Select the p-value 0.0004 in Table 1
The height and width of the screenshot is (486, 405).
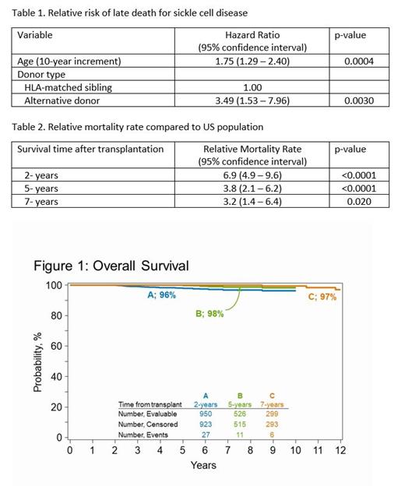click(x=349, y=61)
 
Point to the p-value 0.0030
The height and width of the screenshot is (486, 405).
click(x=349, y=101)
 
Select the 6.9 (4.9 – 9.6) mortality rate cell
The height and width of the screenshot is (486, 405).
click(x=252, y=175)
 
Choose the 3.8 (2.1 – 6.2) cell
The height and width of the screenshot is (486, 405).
click(x=252, y=188)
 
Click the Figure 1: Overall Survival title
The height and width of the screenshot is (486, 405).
click(x=111, y=266)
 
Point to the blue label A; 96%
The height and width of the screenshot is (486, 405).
click(x=161, y=295)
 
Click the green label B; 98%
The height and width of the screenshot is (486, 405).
click(x=210, y=313)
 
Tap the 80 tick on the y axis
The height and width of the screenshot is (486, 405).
click(x=55, y=315)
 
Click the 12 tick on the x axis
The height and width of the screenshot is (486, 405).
click(x=340, y=449)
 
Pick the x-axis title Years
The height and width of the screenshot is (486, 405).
click(x=204, y=465)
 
